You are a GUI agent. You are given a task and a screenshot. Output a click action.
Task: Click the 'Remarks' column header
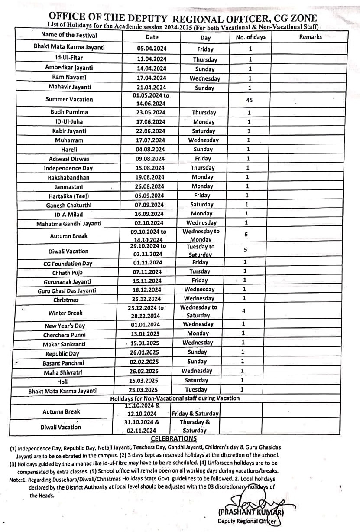point(310,37)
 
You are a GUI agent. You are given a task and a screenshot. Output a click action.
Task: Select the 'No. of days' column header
point(250,37)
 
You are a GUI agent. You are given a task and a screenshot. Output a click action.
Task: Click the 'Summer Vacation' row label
point(69,99)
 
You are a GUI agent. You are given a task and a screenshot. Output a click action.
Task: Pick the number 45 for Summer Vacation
point(249,100)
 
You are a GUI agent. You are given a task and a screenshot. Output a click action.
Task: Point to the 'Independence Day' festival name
point(68,168)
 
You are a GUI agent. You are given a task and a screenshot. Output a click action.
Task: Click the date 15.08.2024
point(149,168)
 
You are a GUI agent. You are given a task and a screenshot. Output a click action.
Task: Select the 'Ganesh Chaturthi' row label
point(69,205)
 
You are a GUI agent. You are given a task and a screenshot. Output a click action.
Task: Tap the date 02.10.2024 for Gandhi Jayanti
point(149,223)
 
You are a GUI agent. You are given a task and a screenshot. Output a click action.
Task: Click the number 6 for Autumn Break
point(246,235)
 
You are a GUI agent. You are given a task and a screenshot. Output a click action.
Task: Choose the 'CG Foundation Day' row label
point(68,263)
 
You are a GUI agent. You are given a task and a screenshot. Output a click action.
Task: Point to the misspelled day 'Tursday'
point(199,271)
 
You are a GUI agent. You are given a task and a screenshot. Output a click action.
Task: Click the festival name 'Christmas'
point(66,300)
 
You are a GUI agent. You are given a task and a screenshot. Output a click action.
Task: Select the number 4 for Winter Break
point(244,311)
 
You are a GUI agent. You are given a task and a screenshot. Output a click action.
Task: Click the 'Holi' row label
point(62,382)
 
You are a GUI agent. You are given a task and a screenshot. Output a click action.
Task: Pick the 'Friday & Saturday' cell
point(195,414)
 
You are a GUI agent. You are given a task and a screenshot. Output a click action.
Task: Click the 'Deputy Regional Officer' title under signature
point(246,521)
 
